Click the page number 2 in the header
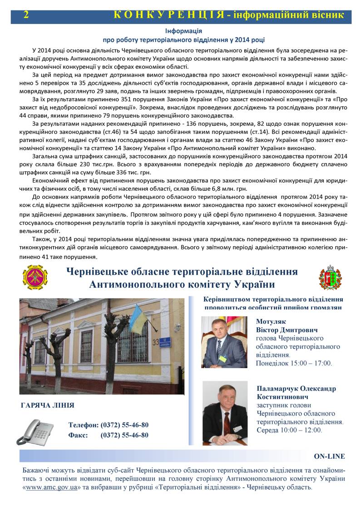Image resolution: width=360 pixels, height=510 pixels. tap(26, 15)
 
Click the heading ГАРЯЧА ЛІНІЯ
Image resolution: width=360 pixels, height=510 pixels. tap(47, 405)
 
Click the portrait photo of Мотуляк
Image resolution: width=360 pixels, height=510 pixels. tap(224, 342)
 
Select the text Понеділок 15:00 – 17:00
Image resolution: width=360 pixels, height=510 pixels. tap(294, 363)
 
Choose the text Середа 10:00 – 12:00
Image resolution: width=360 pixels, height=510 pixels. tap(289, 430)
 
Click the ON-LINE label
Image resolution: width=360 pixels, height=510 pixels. tap(329, 456)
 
